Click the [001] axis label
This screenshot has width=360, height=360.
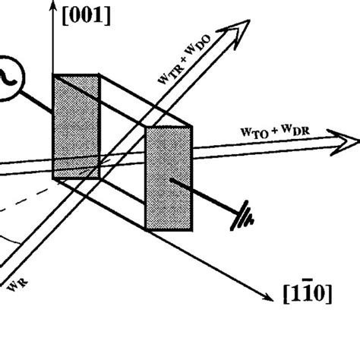tap(89, 15)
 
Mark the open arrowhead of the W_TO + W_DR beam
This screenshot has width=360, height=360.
tap(346, 142)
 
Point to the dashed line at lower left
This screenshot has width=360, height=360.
tap(30, 204)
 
